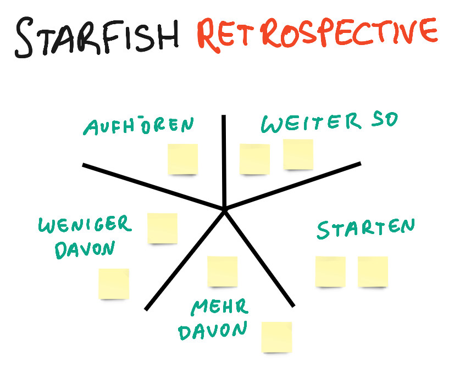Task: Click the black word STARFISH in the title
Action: coord(97,36)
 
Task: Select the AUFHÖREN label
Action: coord(139,126)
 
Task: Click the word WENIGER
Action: coord(85,225)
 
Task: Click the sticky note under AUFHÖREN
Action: coord(182,159)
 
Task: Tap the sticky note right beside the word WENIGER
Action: coord(163,229)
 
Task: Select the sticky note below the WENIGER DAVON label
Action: coord(114,283)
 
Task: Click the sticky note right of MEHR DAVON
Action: coord(276,337)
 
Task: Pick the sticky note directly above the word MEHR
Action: coord(223,271)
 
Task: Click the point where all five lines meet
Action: coord(225,209)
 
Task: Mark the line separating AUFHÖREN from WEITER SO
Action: coord(224,159)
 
